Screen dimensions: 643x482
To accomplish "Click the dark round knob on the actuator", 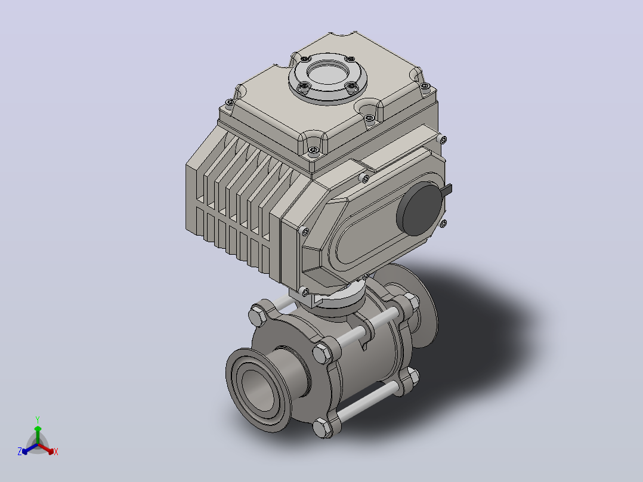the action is tap(420, 209).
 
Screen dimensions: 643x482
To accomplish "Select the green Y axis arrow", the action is tap(38, 435).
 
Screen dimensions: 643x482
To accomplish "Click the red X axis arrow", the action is tap(46, 449).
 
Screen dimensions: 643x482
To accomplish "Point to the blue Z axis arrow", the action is tap(30, 449).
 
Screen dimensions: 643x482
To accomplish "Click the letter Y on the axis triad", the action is tap(38, 419).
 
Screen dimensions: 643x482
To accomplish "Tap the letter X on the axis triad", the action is tap(56, 452).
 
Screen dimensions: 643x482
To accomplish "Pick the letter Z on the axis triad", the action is tap(20, 452).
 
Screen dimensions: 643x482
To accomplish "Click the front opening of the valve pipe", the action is tap(258, 388).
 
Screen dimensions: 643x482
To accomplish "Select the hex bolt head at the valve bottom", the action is tap(323, 428).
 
